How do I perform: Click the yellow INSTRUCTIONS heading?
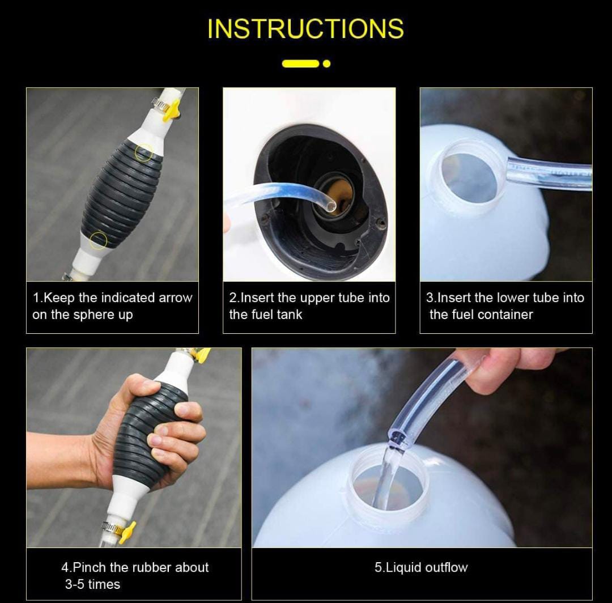[305, 28]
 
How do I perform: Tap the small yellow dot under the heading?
[327, 63]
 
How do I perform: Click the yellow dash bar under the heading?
[300, 63]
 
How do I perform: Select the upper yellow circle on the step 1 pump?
[143, 152]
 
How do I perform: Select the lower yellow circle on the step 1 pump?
[98, 240]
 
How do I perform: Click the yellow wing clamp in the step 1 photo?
[172, 109]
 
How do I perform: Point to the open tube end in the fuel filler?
[330, 205]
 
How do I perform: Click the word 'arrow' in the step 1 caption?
[175, 298]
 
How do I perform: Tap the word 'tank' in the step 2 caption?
[290, 315]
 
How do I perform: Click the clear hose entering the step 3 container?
[549, 173]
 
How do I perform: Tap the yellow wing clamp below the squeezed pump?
[127, 532]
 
